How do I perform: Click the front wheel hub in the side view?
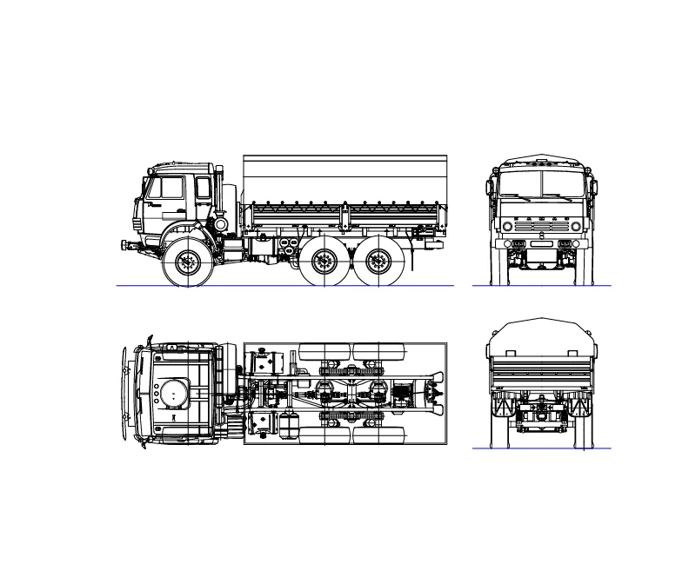tap(188, 261)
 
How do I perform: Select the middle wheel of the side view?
tap(325, 260)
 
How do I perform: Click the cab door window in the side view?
tap(168, 188)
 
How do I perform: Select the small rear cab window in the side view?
tap(203, 188)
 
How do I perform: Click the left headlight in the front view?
tap(507, 226)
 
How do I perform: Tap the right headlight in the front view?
tap(575, 226)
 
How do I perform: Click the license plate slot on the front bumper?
tap(541, 244)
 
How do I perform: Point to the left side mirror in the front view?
tap(489, 187)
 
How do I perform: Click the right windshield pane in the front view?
tap(563, 183)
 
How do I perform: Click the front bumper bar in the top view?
tap(124, 395)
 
